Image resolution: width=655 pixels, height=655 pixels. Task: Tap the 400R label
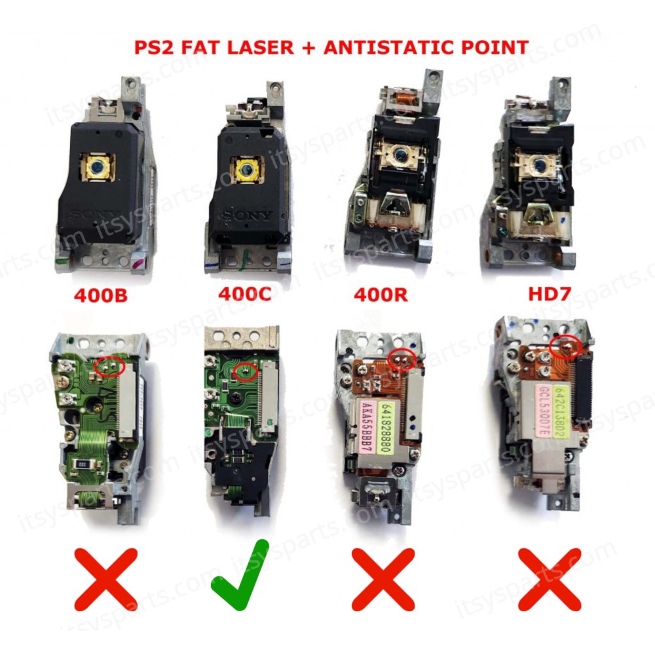coord(380,295)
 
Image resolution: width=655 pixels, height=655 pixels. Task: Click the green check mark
coord(240,576)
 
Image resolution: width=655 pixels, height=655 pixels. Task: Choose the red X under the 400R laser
coord(383,579)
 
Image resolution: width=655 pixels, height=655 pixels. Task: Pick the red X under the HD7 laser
coord(550,579)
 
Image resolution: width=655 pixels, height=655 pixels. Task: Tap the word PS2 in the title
coord(153,47)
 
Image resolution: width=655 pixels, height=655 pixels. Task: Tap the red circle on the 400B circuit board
coord(109,365)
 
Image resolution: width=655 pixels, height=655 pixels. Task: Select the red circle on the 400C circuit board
coord(246,371)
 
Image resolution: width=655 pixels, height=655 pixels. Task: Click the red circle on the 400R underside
coord(402,359)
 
